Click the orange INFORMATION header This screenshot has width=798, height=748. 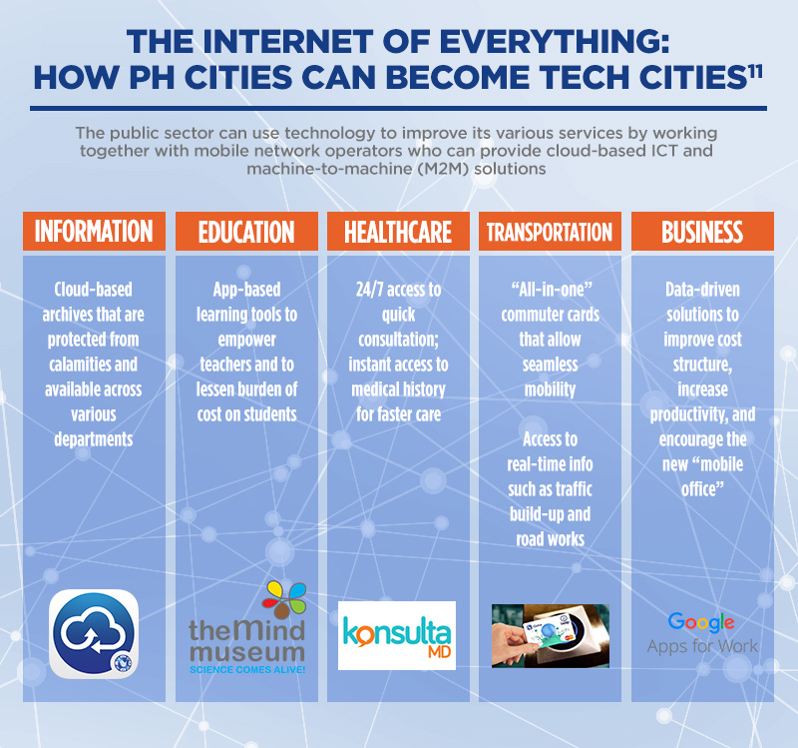[95, 232]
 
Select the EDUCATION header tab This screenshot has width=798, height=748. [246, 232]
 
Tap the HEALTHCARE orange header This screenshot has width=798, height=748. [398, 232]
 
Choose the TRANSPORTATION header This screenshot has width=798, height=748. [550, 232]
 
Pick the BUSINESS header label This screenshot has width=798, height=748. [702, 232]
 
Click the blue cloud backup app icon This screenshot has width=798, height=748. [95, 634]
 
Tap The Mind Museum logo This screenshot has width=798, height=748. [246, 629]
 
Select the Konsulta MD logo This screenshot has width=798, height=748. [397, 635]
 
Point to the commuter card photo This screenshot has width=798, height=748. [550, 635]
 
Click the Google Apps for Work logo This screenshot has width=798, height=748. [702, 633]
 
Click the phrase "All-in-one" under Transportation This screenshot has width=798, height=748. [550, 290]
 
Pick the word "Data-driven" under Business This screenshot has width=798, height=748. [702, 290]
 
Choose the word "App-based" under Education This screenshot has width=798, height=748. [246, 290]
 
